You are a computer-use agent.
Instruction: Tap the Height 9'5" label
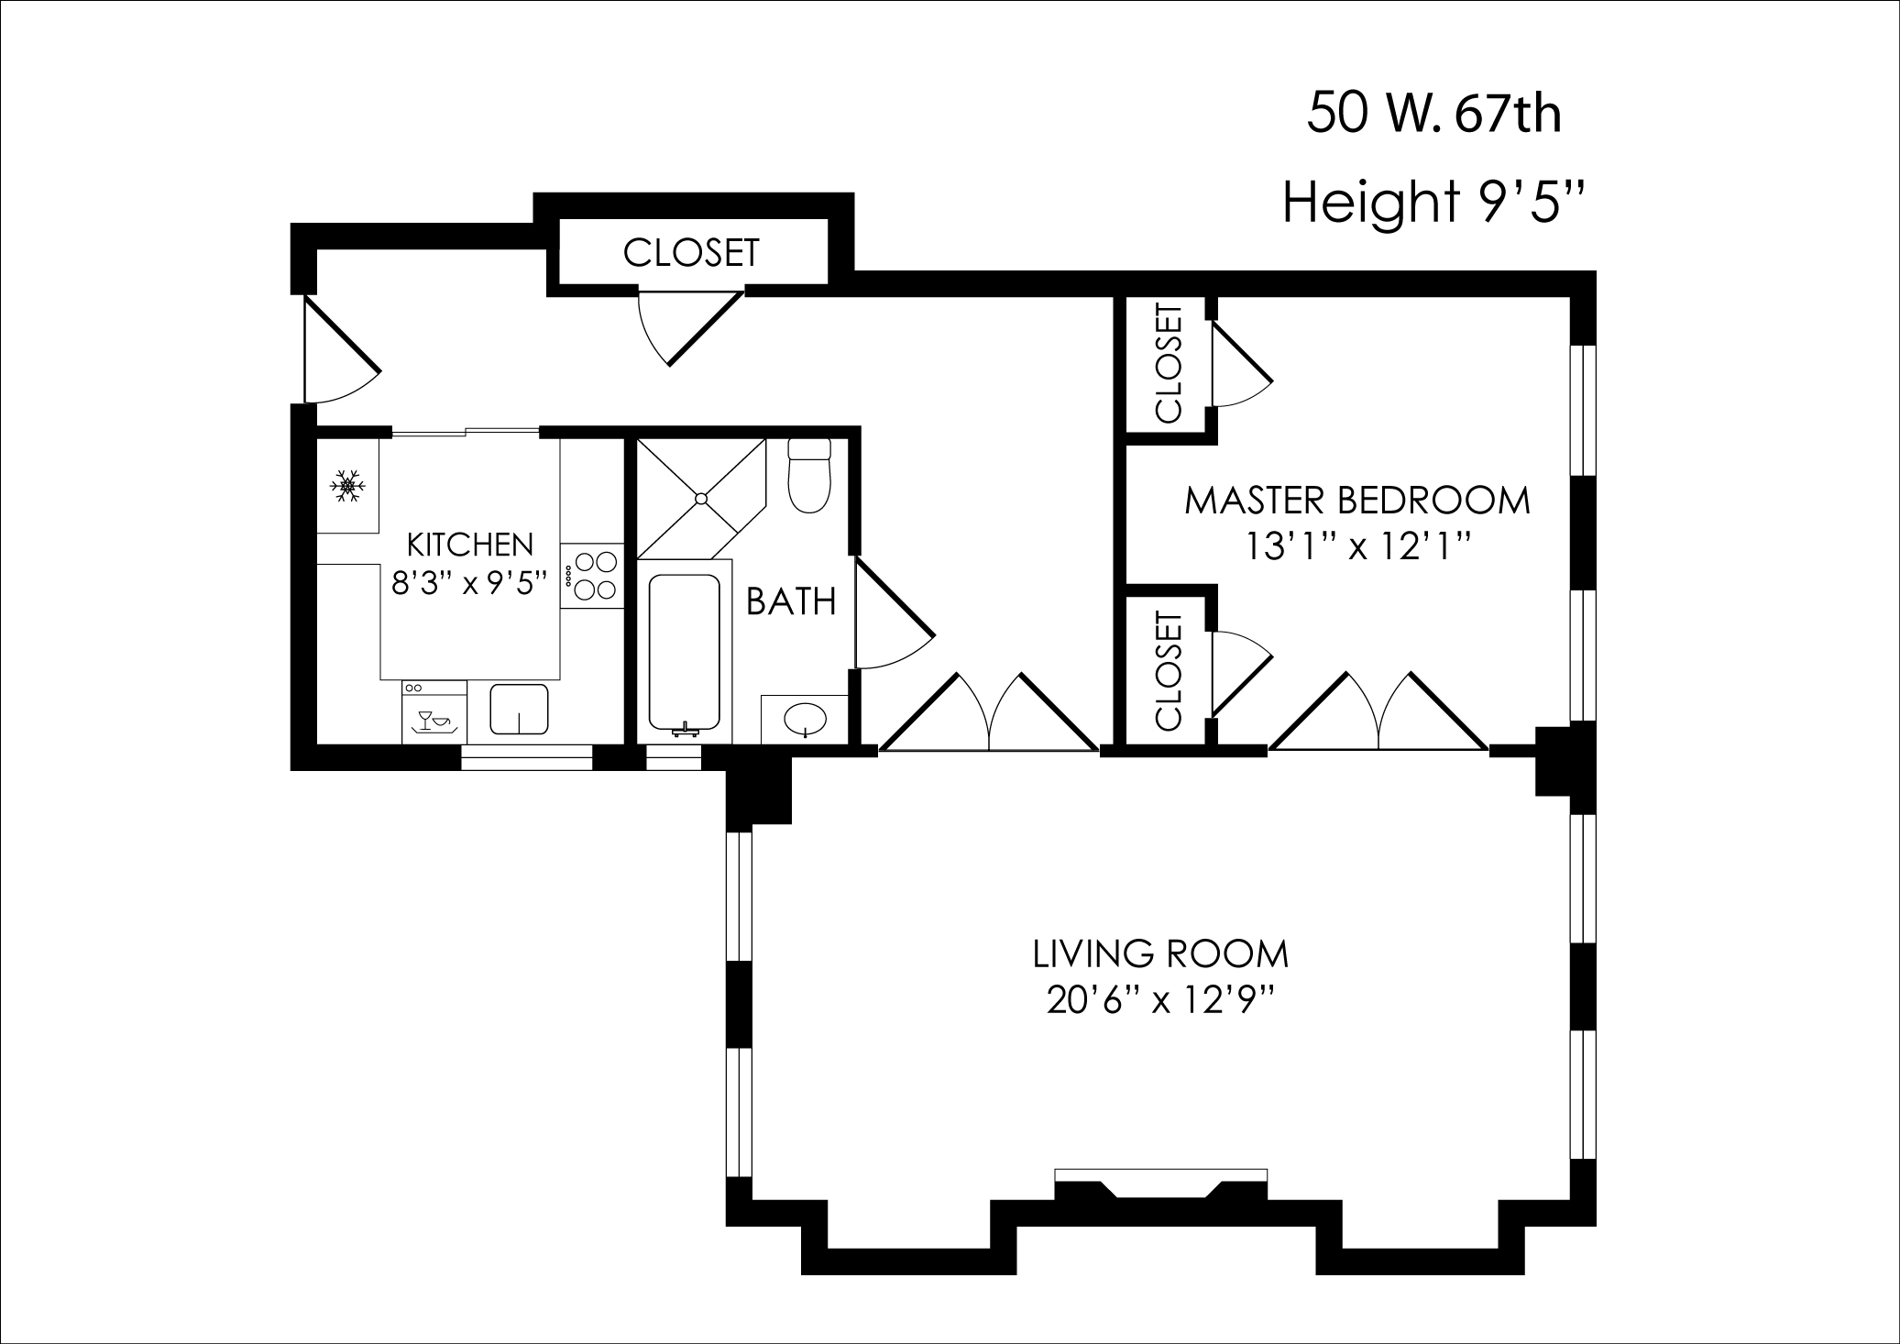tap(1433, 203)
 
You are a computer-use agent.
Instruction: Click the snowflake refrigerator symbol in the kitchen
tap(347, 486)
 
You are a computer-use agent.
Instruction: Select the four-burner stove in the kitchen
tap(592, 575)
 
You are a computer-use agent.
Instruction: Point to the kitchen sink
tap(519, 710)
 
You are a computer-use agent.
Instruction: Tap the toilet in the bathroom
tap(809, 477)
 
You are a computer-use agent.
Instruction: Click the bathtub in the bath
tap(684, 651)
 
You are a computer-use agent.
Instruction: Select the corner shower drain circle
tap(701, 499)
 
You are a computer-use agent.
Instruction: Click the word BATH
tap(791, 602)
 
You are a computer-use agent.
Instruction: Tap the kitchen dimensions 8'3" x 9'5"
tap(469, 583)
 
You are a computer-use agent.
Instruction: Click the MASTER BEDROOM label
tap(1357, 501)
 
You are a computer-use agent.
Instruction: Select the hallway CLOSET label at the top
tap(691, 253)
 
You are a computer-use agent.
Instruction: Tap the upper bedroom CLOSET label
tap(1170, 364)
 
